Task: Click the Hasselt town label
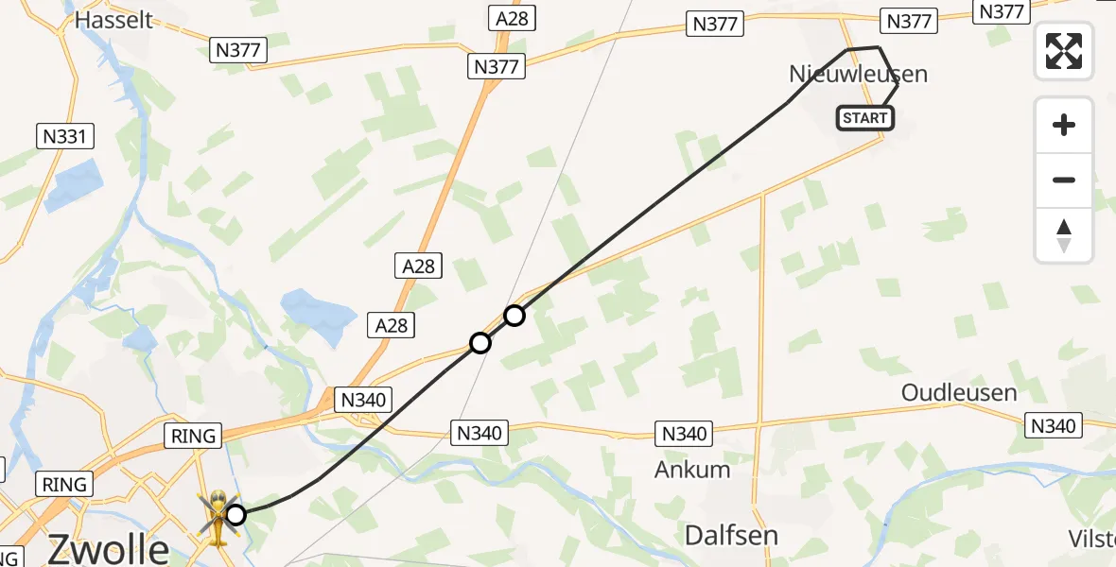point(113,19)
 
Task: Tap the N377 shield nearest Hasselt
point(237,50)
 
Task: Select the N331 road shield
point(64,137)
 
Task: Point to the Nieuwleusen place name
point(858,74)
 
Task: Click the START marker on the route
point(864,118)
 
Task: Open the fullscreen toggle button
point(1064,51)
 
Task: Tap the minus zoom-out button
point(1064,180)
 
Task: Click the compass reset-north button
point(1064,234)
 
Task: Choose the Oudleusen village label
point(959,392)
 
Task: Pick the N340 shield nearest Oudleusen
point(1053,426)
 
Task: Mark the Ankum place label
point(693,470)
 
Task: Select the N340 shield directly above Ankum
point(684,434)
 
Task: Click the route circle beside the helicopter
point(236,515)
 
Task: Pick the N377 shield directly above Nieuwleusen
point(909,21)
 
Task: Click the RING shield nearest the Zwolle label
point(64,485)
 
